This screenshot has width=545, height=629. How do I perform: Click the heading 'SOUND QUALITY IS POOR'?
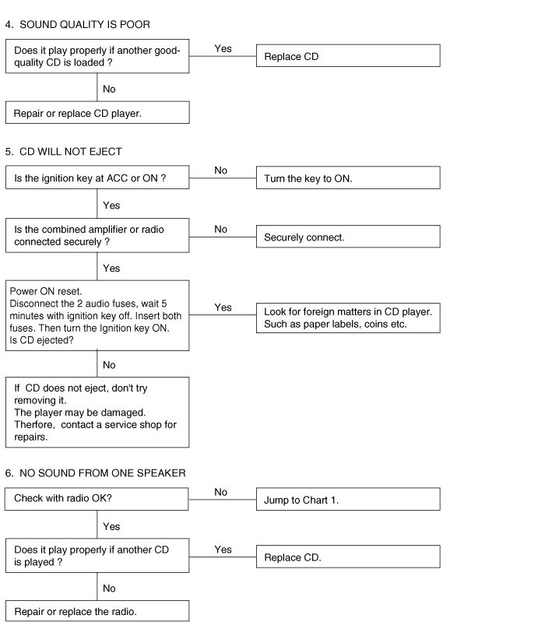coord(83,25)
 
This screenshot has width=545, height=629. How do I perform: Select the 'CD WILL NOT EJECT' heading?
coord(69,150)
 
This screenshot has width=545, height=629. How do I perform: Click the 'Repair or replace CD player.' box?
coord(97,113)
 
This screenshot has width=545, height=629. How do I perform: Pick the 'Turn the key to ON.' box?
coord(348,179)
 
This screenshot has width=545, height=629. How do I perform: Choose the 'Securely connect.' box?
coord(348,237)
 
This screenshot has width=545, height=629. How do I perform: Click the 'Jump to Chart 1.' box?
coord(348,500)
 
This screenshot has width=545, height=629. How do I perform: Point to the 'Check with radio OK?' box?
coord(97,499)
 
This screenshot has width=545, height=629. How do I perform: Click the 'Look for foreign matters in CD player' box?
coord(348,318)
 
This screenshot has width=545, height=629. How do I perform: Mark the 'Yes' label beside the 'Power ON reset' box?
coord(223,307)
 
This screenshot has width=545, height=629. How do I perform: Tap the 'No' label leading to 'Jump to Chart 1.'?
coord(220,492)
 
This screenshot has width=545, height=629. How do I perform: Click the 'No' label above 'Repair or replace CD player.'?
coord(109,89)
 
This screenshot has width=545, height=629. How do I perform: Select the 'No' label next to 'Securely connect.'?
coord(220,229)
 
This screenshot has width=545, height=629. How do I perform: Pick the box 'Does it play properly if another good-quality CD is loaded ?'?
coord(97,57)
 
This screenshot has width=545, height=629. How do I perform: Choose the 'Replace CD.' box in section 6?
coord(348,557)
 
